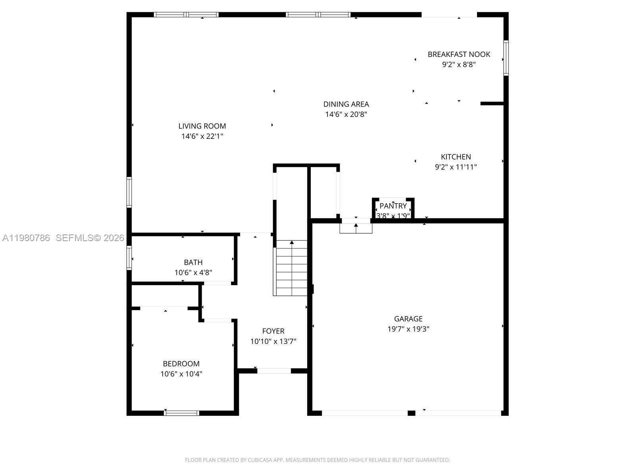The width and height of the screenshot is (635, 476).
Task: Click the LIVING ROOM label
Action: pyautogui.click(x=202, y=126)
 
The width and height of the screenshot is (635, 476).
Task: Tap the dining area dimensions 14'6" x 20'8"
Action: pyautogui.click(x=346, y=115)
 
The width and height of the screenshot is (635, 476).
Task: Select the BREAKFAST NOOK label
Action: pyautogui.click(x=459, y=54)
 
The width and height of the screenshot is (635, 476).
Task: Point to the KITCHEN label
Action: pyautogui.click(x=456, y=157)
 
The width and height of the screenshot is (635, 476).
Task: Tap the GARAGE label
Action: pyautogui.click(x=408, y=319)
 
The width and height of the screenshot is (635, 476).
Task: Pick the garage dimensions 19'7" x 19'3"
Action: pyautogui.click(x=408, y=329)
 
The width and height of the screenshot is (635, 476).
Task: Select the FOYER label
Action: pyautogui.click(x=273, y=331)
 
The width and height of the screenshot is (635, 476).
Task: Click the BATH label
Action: pyautogui.click(x=193, y=262)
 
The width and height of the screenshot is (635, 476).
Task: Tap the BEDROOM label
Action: pyautogui.click(x=181, y=364)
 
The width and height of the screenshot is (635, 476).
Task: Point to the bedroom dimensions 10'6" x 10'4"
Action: pyautogui.click(x=181, y=374)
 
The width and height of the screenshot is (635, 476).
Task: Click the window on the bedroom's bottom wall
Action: pyautogui.click(x=181, y=413)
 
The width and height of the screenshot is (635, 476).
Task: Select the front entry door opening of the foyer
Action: pyautogui.click(x=274, y=371)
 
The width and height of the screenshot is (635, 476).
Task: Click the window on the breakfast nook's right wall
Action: pyautogui.click(x=506, y=58)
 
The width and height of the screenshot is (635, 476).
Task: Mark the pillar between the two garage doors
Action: pyautogui.click(x=412, y=413)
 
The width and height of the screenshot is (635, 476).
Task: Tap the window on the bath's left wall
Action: pyautogui.click(x=129, y=258)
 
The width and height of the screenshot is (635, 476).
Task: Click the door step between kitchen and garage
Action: pyautogui.click(x=356, y=228)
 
